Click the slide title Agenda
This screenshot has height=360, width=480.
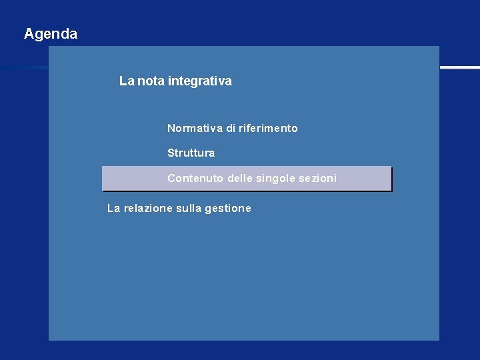tap(51, 33)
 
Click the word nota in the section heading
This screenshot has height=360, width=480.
tap(151, 81)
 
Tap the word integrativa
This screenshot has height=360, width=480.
tap(200, 81)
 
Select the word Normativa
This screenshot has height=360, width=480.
tap(195, 128)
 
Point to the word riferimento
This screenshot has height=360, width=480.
tap(268, 128)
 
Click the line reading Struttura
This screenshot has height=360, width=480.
tap(191, 153)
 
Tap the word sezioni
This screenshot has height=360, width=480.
tap(317, 179)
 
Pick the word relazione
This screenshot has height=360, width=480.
tap(148, 209)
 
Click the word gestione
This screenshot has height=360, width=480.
tap(228, 209)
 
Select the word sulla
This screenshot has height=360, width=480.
tap(189, 209)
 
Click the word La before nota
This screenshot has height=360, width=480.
tap(127, 81)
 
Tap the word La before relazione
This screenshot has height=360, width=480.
tap(114, 209)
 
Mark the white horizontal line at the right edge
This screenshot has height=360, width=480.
tap(460, 67)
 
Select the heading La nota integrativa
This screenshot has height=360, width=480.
tap(175, 81)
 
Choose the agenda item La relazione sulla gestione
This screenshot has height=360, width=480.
tap(179, 209)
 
